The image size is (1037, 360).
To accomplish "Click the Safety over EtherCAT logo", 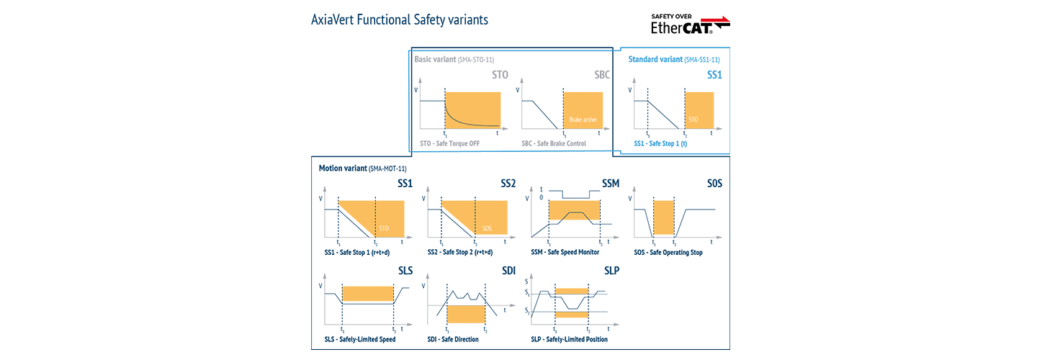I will tap(690, 23).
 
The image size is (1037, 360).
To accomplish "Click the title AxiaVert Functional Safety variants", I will tap(399, 20).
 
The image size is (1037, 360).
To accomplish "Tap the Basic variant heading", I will tap(454, 59).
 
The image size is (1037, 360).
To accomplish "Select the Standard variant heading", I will tap(673, 59).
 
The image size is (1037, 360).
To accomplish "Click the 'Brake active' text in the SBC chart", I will tap(583, 120).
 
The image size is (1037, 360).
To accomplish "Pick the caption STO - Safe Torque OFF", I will tap(449, 143).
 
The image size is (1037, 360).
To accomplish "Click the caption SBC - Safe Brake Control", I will tap(554, 143).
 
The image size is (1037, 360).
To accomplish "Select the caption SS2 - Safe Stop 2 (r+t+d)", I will tap(460, 252).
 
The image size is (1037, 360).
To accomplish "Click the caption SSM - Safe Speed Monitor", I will tap(565, 252).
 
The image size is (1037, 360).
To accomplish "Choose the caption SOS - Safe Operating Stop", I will tap(668, 252).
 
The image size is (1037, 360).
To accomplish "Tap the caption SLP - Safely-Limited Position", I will tap(569, 339).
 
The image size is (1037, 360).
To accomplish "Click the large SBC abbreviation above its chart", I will tap(603, 75).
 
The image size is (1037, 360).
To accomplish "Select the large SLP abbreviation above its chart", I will tap(611, 271).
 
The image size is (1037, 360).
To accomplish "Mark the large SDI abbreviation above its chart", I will tap(508, 271).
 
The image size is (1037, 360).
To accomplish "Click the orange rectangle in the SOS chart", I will tap(663, 217).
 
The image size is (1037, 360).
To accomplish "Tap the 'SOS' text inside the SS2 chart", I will tap(487, 228).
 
